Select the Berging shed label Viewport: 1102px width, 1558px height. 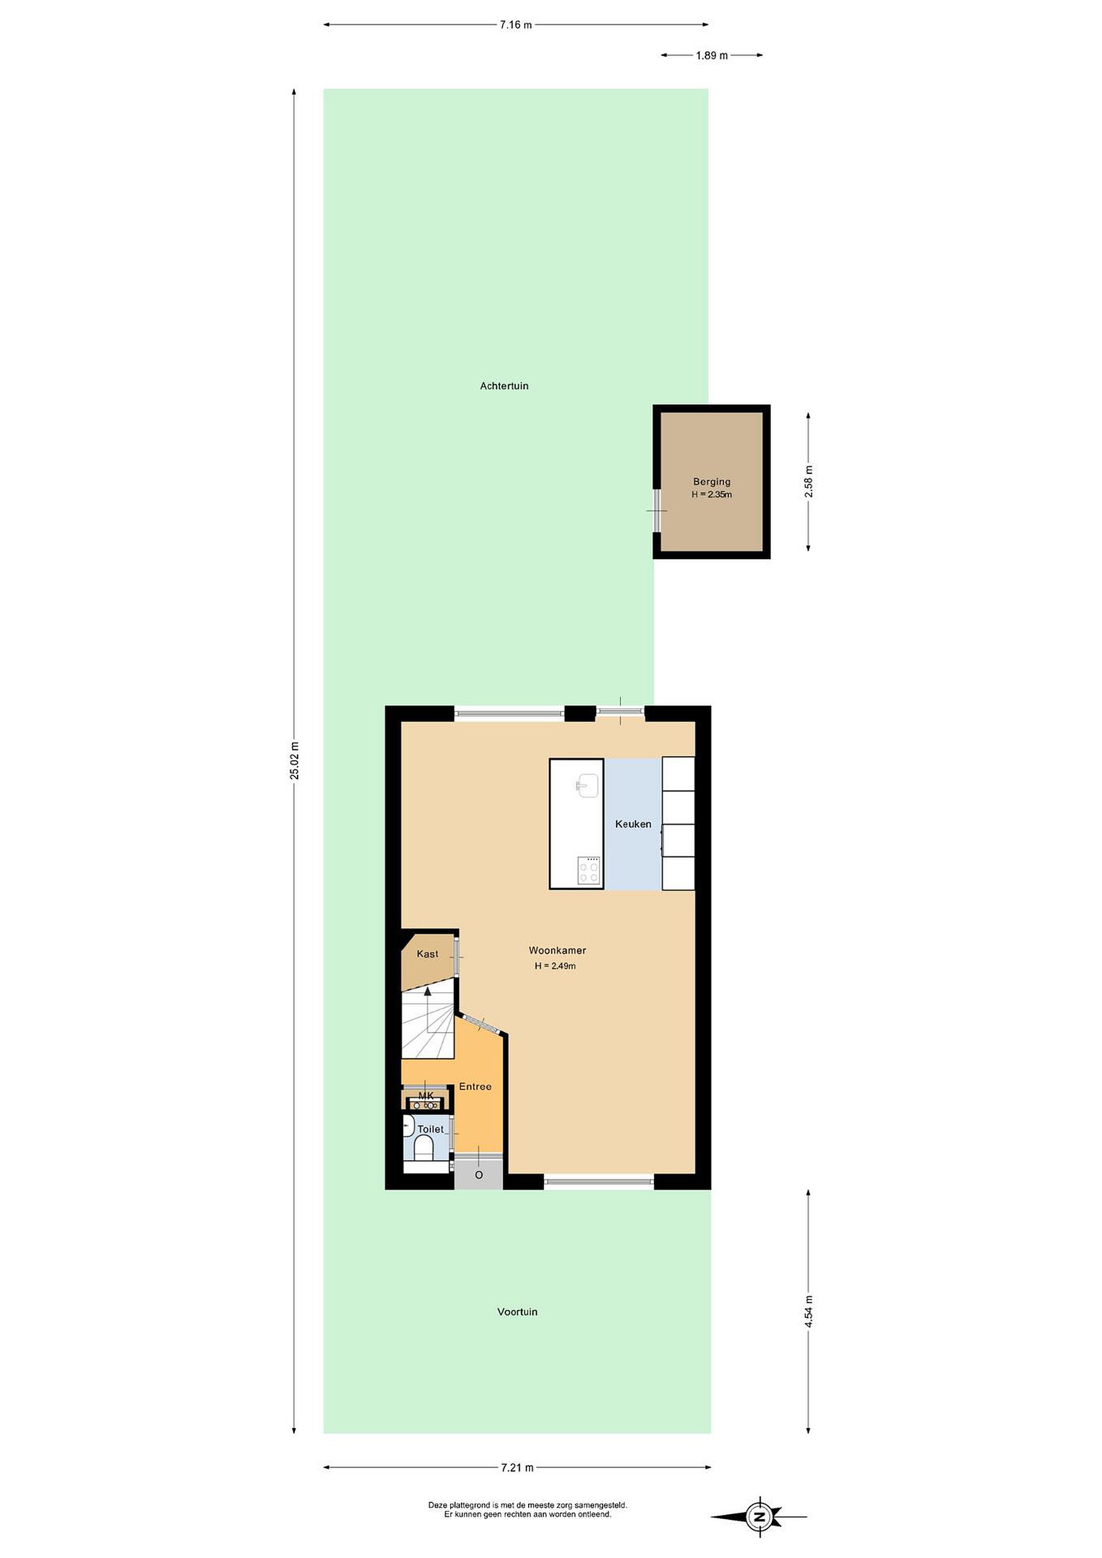[x=712, y=482]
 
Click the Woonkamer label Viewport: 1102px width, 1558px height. [x=557, y=950]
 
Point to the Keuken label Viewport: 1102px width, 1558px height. [x=633, y=824]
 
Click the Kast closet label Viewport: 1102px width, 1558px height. [x=427, y=953]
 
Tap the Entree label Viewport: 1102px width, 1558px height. [x=475, y=1086]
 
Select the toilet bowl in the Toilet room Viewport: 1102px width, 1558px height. [x=424, y=1147]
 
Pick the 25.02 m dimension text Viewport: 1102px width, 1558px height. [x=294, y=761]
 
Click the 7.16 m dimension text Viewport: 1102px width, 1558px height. [x=516, y=25]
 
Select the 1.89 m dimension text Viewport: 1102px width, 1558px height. [x=712, y=56]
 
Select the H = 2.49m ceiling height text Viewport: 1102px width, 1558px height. [x=555, y=966]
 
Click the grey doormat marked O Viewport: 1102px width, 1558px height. [x=478, y=1174]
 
